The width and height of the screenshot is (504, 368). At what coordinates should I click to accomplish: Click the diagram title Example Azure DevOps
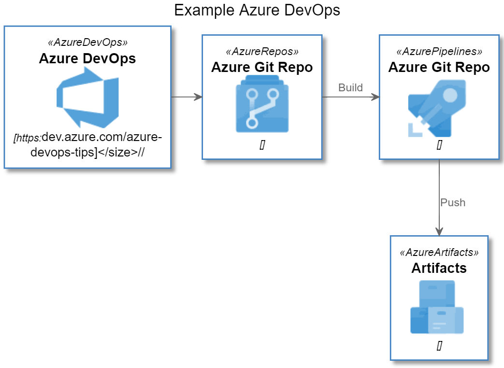(x=257, y=10)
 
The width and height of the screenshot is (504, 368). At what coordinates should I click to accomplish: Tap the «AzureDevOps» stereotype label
(x=87, y=42)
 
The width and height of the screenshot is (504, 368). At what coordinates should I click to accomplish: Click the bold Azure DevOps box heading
(x=87, y=58)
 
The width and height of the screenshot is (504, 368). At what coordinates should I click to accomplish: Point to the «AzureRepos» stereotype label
(x=262, y=51)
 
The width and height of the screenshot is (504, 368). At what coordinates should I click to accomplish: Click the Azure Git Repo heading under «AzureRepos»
(x=262, y=67)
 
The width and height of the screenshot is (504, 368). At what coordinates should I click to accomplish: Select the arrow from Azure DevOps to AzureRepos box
(x=187, y=97)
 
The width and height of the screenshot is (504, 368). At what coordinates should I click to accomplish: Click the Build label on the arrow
(x=350, y=87)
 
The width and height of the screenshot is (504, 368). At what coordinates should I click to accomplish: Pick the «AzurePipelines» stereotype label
(x=439, y=51)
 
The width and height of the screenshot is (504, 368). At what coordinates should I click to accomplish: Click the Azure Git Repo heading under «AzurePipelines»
(x=439, y=67)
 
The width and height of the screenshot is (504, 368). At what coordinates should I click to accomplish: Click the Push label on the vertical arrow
(x=453, y=202)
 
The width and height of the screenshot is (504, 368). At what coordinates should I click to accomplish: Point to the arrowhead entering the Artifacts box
(x=439, y=231)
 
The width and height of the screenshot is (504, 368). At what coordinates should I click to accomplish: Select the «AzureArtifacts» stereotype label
(x=439, y=253)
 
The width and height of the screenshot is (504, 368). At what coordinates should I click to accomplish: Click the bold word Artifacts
(x=439, y=268)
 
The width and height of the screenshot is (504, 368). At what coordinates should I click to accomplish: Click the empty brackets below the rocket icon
(x=439, y=145)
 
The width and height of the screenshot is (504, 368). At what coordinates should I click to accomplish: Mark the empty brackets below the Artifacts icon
(x=439, y=346)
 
